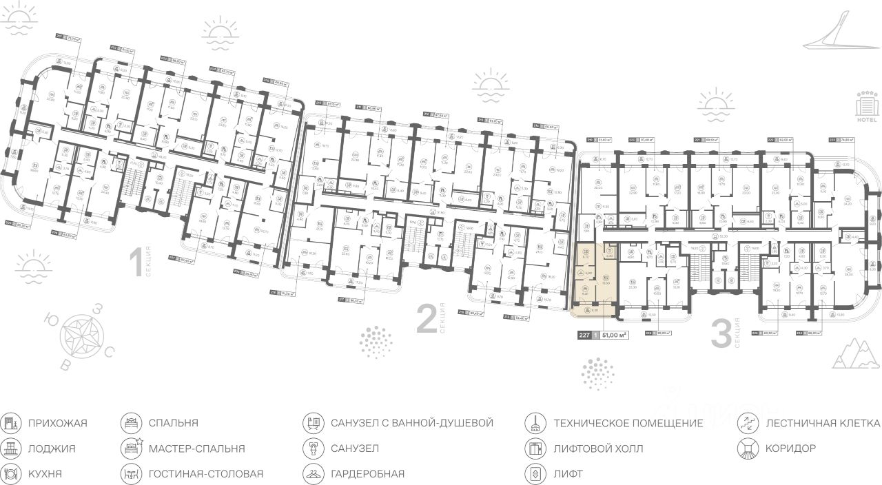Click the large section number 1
click(136, 263)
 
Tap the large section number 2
click(427, 320)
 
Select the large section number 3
click(720, 335)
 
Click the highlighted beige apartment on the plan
click(593, 281)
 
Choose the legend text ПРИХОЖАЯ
click(58, 423)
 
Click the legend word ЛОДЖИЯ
click(52, 448)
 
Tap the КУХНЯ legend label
click(45, 474)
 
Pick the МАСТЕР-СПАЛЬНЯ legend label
click(196, 448)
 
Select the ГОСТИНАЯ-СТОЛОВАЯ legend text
click(205, 474)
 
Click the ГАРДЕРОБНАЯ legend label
click(367, 474)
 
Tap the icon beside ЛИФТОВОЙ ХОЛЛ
click(533, 448)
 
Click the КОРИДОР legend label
click(790, 448)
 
